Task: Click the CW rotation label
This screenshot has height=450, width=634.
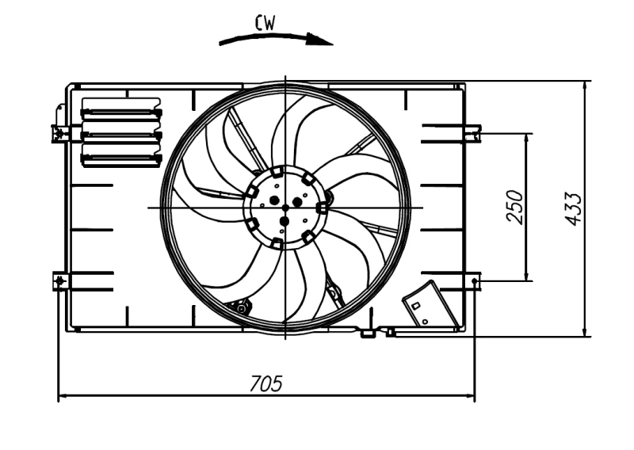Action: click(x=265, y=23)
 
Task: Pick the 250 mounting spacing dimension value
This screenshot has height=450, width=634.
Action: click(x=515, y=207)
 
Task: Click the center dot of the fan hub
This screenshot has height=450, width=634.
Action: click(x=285, y=208)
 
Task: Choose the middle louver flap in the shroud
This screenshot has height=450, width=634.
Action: click(x=121, y=135)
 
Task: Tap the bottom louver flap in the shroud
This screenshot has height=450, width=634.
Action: click(x=121, y=157)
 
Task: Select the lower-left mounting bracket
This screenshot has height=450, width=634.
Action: click(x=60, y=280)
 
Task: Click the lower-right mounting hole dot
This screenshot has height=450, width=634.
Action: click(x=474, y=280)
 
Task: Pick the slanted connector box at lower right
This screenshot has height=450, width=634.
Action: click(x=430, y=304)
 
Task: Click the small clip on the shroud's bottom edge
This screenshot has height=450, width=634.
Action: click(x=367, y=334)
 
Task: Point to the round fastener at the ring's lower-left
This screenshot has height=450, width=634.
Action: click(x=240, y=306)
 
